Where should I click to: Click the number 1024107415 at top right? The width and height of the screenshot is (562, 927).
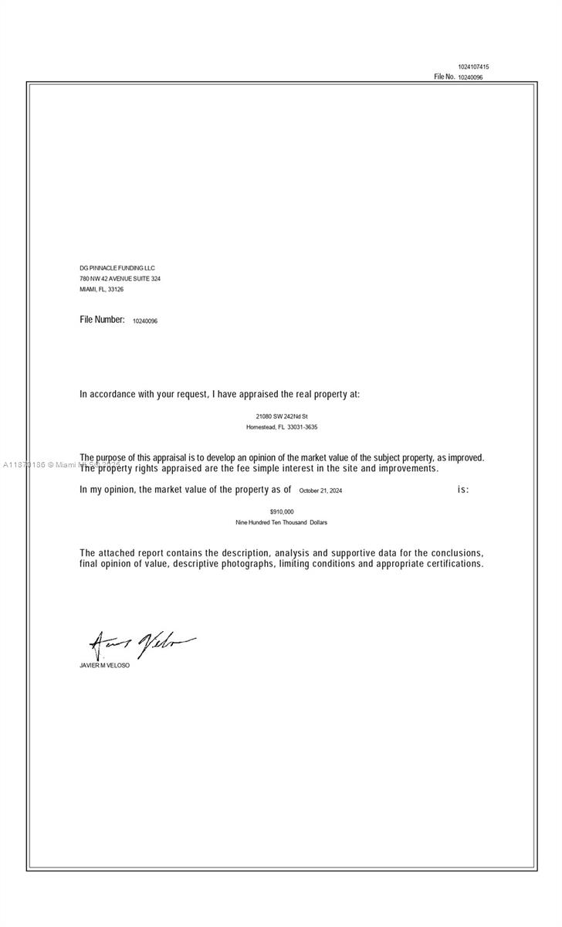point(473,67)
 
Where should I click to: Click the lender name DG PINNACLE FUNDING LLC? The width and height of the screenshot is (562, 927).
point(117,268)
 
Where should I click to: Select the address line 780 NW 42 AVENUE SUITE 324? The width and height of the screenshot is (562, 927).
point(120,279)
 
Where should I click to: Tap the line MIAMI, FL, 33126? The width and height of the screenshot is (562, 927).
point(101,290)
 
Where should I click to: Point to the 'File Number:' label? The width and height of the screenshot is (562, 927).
point(102,320)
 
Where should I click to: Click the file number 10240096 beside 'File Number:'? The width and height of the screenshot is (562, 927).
point(145,321)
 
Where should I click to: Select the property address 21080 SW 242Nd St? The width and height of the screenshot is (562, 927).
point(282,416)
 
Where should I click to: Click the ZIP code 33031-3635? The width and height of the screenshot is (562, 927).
point(303,427)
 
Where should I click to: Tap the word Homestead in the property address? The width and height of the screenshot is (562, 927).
point(260,427)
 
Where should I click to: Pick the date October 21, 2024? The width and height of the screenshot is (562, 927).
point(320,491)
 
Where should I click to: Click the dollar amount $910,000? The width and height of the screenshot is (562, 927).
point(282,512)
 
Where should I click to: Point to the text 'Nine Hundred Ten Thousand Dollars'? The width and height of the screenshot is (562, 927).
point(282,523)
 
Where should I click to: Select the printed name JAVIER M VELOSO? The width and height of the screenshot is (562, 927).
point(104,665)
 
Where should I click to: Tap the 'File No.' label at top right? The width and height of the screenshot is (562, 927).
point(444,77)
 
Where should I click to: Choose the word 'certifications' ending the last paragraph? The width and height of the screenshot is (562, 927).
point(455,564)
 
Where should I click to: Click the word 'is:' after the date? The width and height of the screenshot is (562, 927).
point(463,490)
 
